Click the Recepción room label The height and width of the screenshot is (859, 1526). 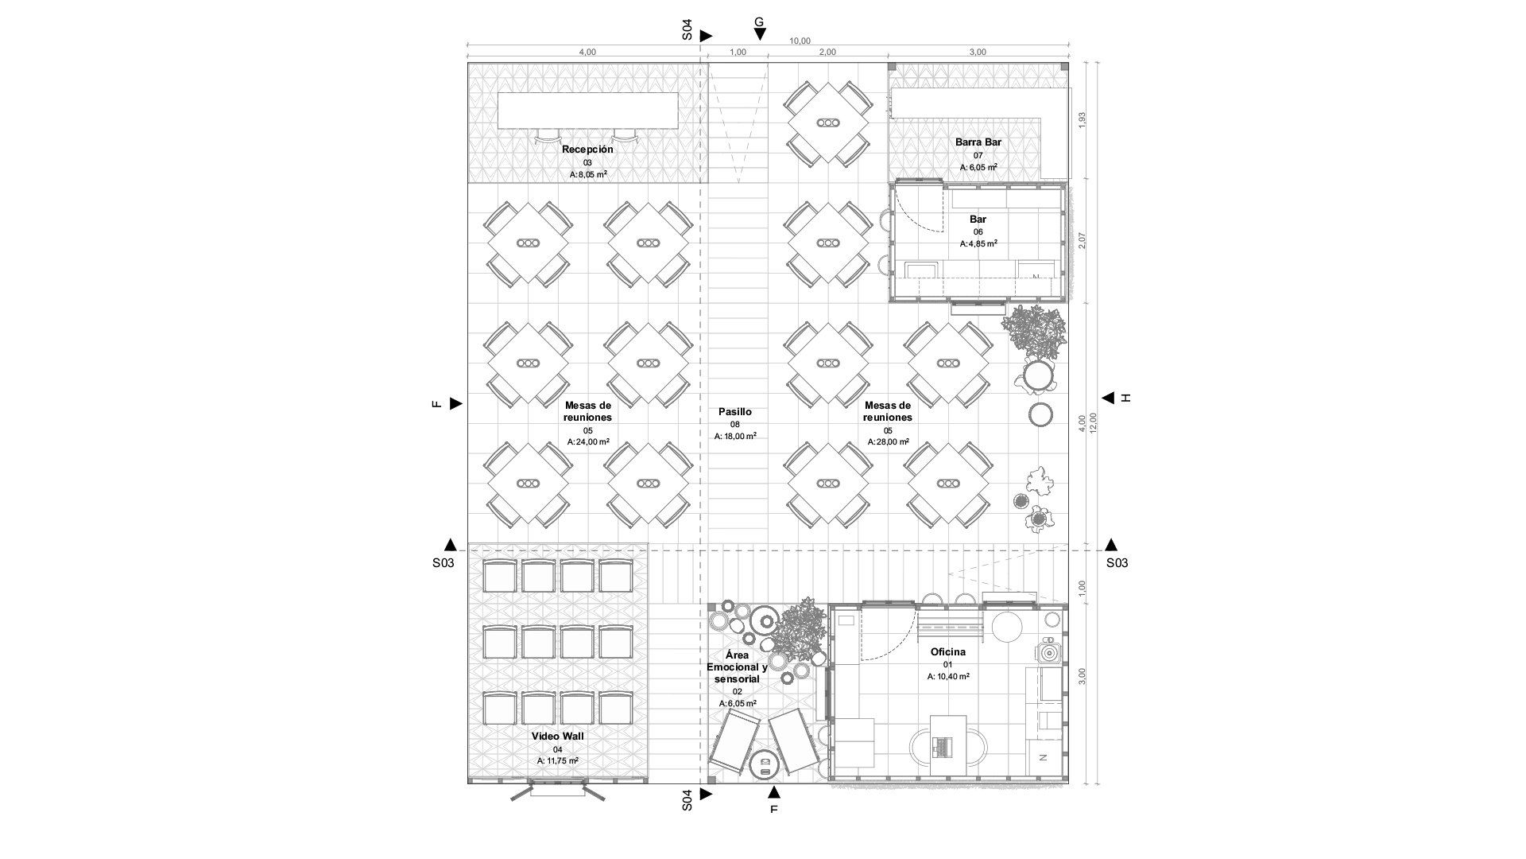[587, 150]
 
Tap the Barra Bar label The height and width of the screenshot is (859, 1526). [978, 142]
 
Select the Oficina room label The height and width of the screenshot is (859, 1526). [948, 652]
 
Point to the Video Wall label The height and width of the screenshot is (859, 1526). [557, 737]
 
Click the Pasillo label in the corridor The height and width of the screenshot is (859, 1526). [734, 412]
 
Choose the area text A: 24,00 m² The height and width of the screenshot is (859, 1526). [588, 442]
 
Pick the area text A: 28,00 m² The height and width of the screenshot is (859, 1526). [888, 442]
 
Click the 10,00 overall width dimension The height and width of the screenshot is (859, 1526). [800, 41]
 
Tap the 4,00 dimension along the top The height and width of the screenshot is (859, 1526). [587, 52]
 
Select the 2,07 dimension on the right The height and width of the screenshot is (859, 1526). [1082, 241]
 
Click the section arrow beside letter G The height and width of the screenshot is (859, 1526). [760, 34]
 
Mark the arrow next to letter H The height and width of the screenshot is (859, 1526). [1107, 398]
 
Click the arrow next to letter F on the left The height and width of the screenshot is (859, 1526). [455, 404]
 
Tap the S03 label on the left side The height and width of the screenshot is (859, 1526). [443, 563]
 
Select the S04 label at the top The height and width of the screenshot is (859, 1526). [687, 30]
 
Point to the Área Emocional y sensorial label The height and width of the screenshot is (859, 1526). [737, 667]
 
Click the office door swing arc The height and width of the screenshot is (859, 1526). [890, 641]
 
